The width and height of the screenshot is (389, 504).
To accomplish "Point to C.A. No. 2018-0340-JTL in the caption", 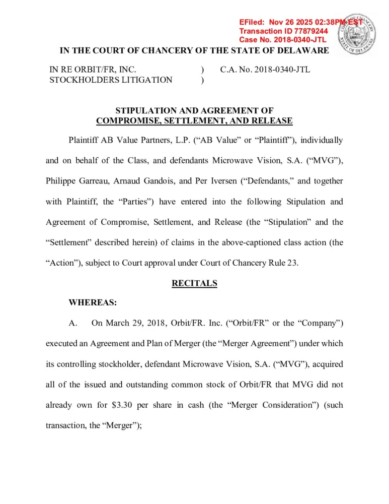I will tap(265, 70).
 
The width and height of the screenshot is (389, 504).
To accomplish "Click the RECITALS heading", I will tap(194, 283).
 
